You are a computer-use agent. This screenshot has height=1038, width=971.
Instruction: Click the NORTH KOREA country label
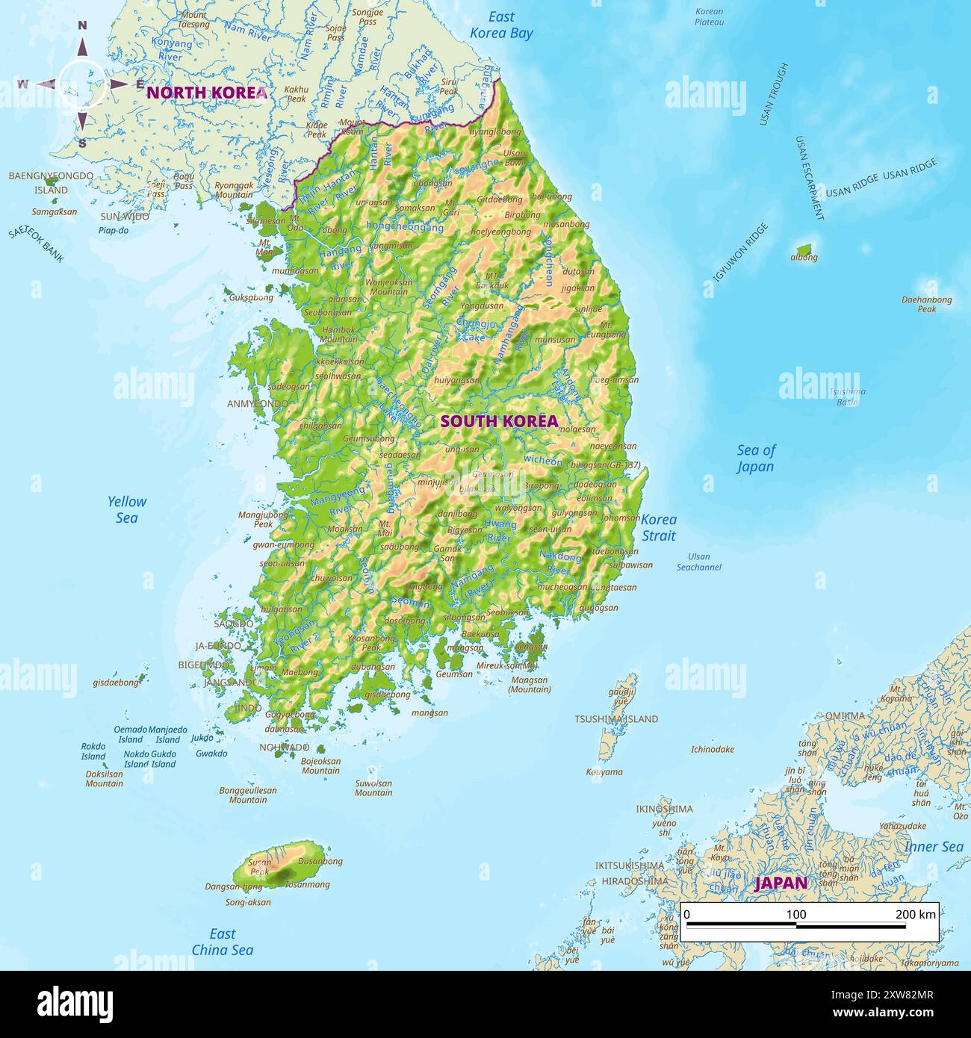pyautogui.click(x=206, y=93)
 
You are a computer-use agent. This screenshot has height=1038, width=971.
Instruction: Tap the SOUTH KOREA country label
pyautogui.click(x=499, y=421)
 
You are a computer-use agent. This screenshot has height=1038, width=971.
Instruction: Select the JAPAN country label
pyautogui.click(x=781, y=883)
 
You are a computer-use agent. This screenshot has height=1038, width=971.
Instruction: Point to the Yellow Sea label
pyautogui.click(x=126, y=509)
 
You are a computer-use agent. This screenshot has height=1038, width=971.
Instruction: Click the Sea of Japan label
pyautogui.click(x=755, y=458)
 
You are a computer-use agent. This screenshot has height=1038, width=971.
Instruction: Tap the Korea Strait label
pyautogui.click(x=659, y=527)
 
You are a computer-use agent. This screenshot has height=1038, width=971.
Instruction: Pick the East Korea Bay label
pyautogui.click(x=501, y=25)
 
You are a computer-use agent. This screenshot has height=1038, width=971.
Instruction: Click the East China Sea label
pyautogui.click(x=222, y=942)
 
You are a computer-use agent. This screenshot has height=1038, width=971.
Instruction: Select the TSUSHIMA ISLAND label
pyautogui.click(x=616, y=719)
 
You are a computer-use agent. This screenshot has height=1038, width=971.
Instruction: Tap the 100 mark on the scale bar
pyautogui.click(x=796, y=914)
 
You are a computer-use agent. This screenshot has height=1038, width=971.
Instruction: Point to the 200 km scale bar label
pyautogui.click(x=915, y=914)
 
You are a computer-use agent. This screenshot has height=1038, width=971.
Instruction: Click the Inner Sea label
pyautogui.click(x=933, y=847)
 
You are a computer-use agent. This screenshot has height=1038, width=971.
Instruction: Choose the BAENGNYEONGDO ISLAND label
pyautogui.click(x=51, y=183)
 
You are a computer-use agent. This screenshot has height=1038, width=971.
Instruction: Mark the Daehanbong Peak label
pyautogui.click(x=926, y=304)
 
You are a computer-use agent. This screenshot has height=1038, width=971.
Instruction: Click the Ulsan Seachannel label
pyautogui.click(x=698, y=562)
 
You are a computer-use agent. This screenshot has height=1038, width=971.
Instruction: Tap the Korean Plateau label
pyautogui.click(x=709, y=16)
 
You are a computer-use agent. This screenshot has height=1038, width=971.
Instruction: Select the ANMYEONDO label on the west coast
pyautogui.click(x=258, y=404)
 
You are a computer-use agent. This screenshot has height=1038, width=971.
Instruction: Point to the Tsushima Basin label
pyautogui.click(x=847, y=397)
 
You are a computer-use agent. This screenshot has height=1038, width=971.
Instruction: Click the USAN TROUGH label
pyautogui.click(x=773, y=93)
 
